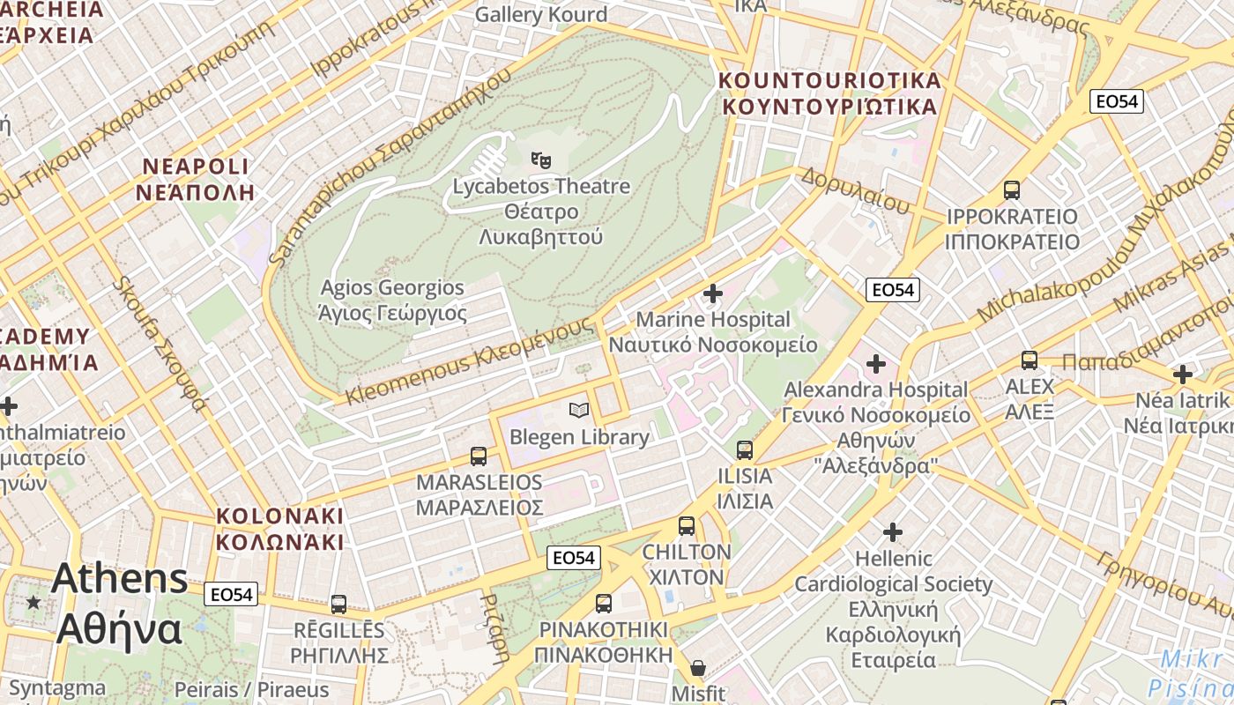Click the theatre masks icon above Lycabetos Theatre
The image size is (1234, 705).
click(x=541, y=160)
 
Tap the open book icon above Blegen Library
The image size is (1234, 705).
click(x=578, y=410)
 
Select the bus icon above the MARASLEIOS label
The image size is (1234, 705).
click(x=479, y=456)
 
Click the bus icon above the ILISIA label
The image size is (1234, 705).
click(x=745, y=450)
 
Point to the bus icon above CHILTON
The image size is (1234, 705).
click(x=687, y=526)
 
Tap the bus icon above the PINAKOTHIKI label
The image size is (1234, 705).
click(x=604, y=604)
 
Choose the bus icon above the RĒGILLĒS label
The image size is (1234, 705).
click(x=338, y=605)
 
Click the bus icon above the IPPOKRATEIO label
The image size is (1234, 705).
click(x=1012, y=189)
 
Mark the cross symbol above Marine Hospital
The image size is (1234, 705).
click(x=713, y=293)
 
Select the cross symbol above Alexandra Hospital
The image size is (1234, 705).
click(x=875, y=363)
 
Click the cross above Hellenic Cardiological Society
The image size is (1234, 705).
click(x=893, y=532)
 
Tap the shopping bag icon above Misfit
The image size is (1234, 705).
click(x=698, y=667)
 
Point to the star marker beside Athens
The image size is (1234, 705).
click(x=33, y=602)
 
